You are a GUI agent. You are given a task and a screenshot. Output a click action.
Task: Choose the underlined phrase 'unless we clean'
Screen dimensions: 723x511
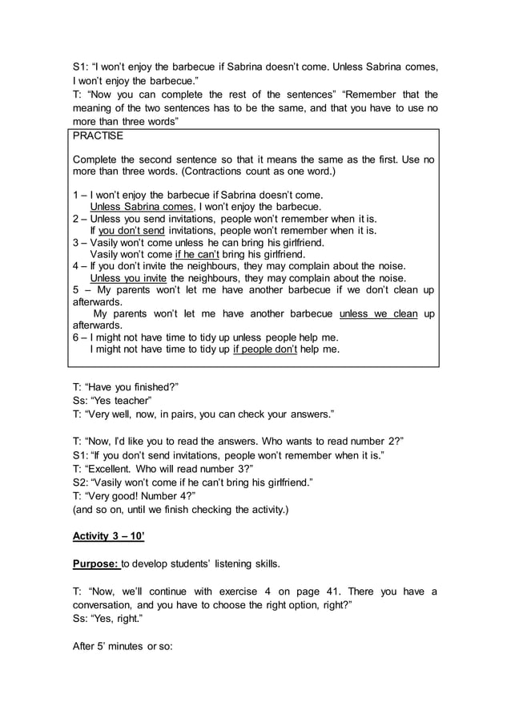point(378,313)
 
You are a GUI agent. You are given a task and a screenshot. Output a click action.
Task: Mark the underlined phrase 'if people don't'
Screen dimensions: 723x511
point(265,349)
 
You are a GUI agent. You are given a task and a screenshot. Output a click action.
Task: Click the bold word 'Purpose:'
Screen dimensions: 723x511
point(95,563)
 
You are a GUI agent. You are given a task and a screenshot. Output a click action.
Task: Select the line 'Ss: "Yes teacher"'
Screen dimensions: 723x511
point(112,400)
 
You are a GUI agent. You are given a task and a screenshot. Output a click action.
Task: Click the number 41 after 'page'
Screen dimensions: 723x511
point(332,592)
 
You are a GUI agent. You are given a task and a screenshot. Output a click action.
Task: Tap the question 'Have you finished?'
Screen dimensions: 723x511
point(131,386)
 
